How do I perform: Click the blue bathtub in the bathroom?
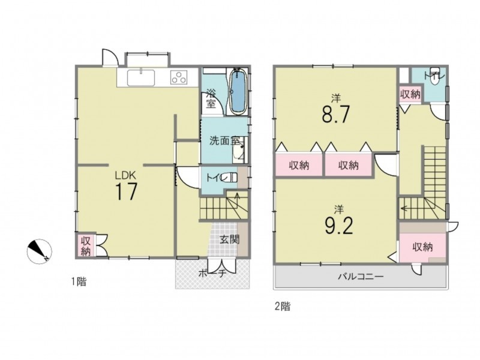click(x=238, y=92)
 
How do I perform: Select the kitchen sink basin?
click(x=141, y=78)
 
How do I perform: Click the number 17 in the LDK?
click(x=126, y=191)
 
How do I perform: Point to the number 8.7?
click(x=335, y=113)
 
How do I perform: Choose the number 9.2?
click(x=338, y=225)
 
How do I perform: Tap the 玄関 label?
click(x=229, y=239)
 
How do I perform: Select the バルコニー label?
click(x=361, y=277)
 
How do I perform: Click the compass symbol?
click(x=39, y=251)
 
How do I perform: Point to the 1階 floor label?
click(x=79, y=281)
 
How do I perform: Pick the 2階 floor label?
click(x=282, y=306)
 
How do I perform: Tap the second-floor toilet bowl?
click(x=434, y=79)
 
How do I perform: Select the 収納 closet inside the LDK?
click(x=86, y=246)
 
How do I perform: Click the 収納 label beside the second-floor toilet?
click(x=410, y=95)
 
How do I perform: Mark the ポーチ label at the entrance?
click(x=212, y=273)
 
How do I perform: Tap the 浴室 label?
click(x=211, y=98)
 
